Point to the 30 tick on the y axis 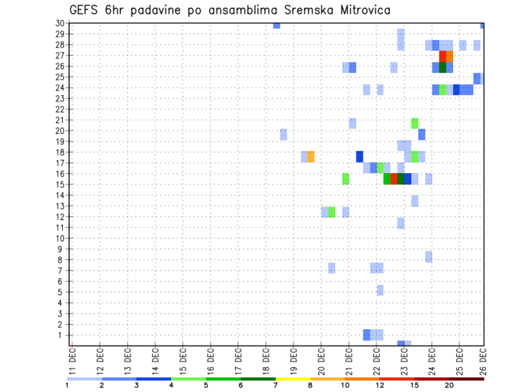pos(60,23)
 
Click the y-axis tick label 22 pos(60,109)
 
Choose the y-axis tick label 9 pos(61,249)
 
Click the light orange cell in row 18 pos(311,157)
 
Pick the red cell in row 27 pos(443,55)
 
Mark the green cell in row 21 pos(415,123)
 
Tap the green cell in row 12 pos(332,212)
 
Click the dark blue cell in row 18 pos(360,157)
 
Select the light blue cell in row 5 pos(380,290)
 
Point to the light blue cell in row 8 pos(428,257)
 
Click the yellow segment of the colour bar pos(293,379)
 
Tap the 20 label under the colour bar pos(449,386)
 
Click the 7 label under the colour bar pos(276,386)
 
